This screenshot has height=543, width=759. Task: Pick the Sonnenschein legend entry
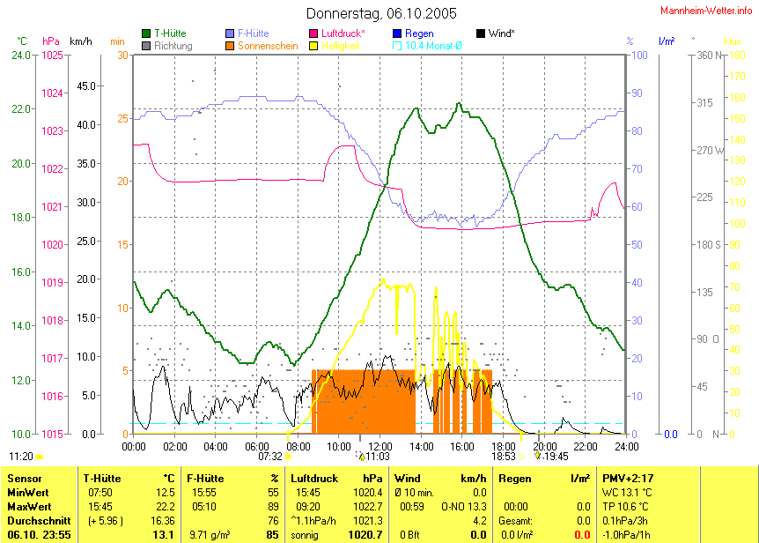coord(269,45)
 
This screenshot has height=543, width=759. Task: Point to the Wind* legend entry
coord(500,33)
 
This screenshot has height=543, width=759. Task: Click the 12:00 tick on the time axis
coord(379,446)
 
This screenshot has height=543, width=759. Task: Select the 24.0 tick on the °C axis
coord(20,56)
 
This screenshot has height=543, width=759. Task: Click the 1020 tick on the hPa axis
coord(52,244)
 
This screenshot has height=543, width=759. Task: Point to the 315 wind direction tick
coord(704,103)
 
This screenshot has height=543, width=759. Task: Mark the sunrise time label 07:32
coord(270,457)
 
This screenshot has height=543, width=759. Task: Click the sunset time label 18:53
coord(504,457)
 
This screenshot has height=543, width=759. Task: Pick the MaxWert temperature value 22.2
coord(163,507)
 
